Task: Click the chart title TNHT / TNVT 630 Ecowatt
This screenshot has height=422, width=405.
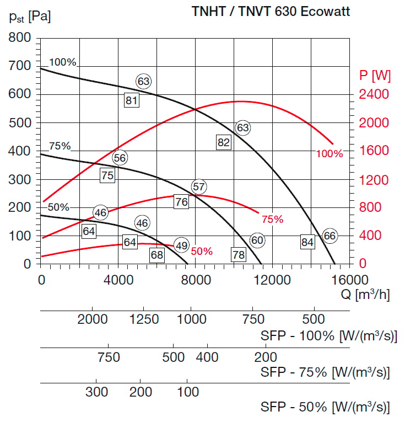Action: click(x=270, y=11)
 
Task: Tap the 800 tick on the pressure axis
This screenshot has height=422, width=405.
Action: click(x=19, y=38)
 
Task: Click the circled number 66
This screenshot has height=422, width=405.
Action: click(x=330, y=236)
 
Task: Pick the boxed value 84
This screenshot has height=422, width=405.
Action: click(x=307, y=241)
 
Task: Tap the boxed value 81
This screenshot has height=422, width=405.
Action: click(x=131, y=100)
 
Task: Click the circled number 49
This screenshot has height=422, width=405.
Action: click(x=181, y=245)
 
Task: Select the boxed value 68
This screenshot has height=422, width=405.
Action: click(x=157, y=255)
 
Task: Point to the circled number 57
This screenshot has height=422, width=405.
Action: click(x=198, y=186)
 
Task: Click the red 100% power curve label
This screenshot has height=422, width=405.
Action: click(x=330, y=154)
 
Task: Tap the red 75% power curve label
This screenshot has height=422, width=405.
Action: click(x=272, y=220)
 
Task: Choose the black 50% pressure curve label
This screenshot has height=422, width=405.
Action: click(x=58, y=207)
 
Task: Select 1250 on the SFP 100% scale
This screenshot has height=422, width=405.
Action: click(x=144, y=319)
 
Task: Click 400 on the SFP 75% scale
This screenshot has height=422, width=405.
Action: click(x=208, y=357)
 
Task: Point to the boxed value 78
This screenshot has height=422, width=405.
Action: click(x=238, y=255)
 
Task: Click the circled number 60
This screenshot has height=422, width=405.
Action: click(x=257, y=240)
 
